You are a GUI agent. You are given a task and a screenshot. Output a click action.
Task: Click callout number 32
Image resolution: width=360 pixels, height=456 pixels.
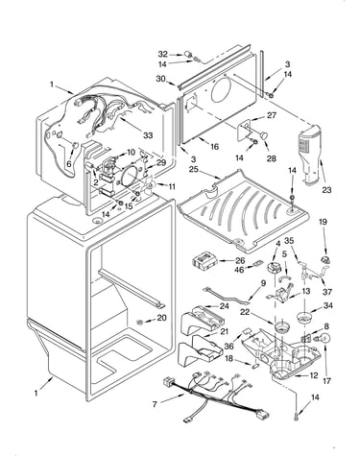[x=162, y=54]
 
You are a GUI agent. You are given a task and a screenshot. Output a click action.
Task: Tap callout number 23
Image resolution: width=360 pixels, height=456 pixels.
[x=326, y=190]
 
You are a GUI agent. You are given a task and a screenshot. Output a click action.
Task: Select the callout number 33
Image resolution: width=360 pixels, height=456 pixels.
[x=148, y=135]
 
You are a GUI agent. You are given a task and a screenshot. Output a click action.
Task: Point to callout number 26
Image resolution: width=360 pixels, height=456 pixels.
[x=240, y=260]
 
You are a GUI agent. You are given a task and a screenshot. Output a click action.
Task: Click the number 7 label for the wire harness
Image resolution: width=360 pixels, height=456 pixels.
[x=155, y=404]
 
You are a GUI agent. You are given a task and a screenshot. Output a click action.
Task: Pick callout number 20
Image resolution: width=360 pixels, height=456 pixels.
[x=161, y=318]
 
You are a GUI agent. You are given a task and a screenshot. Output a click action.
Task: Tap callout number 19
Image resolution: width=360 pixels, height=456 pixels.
[x=323, y=222]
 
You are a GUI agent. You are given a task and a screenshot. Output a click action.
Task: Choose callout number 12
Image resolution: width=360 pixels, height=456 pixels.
[x=314, y=375]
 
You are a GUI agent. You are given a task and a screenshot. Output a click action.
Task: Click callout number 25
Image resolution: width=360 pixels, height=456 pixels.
[x=193, y=168]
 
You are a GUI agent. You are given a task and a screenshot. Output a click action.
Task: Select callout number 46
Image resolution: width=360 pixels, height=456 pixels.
[x=239, y=270]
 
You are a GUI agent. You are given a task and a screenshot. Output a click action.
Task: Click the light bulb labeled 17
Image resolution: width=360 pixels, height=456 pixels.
[x=324, y=339]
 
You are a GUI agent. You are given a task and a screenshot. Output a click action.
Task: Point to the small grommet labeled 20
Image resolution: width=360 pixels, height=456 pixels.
[x=140, y=321]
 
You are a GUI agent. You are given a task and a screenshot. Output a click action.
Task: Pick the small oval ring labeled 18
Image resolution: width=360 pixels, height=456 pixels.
[x=256, y=365]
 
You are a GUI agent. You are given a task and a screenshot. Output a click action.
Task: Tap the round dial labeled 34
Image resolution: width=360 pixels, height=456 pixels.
[x=304, y=318]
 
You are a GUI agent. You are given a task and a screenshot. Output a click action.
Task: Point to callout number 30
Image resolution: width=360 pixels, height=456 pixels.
[x=160, y=78]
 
